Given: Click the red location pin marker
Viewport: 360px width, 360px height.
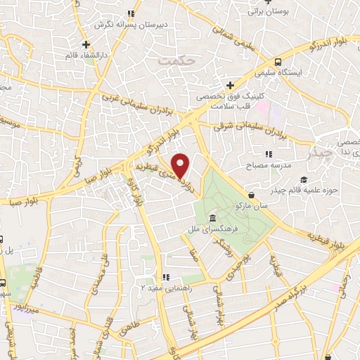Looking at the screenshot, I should point(181,166).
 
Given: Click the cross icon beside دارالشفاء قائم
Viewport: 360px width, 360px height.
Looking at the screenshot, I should point(86,44).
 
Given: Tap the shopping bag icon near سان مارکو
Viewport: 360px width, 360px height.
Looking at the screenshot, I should point(252,195).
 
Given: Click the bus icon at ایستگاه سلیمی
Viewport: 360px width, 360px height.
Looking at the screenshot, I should point(278,62).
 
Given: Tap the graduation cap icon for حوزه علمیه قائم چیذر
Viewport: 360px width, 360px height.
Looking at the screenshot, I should point(303,180).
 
